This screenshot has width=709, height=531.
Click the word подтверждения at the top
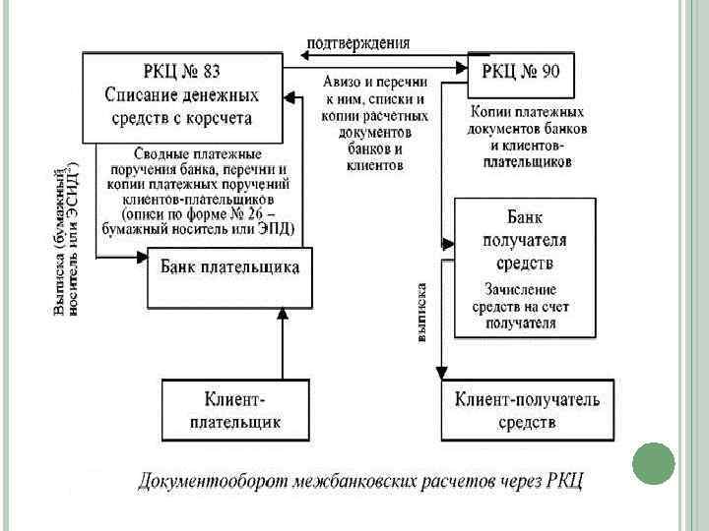(x=358, y=42)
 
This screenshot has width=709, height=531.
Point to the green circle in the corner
(x=652, y=463)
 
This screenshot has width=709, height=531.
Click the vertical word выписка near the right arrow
(x=421, y=312)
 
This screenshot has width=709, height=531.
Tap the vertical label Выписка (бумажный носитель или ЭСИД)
(x=65, y=241)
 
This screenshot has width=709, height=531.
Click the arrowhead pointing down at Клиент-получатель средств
(x=441, y=376)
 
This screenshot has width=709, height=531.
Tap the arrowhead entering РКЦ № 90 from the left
(x=461, y=67)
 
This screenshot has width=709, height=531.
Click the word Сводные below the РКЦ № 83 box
(x=163, y=153)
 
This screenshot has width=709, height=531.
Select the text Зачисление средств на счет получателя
(x=526, y=306)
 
